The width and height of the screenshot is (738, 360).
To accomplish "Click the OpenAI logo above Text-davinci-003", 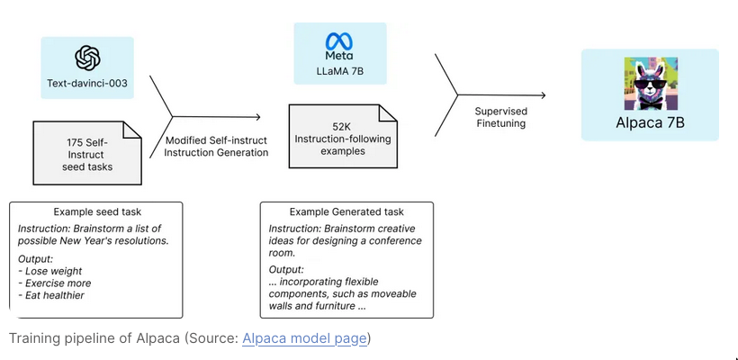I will pyautogui.click(x=87, y=58).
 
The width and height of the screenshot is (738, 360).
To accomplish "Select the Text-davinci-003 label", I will pyautogui.click(x=87, y=84).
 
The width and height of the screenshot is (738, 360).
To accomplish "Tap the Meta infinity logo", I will pyautogui.click(x=339, y=40).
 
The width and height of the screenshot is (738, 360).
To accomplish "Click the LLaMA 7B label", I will pyautogui.click(x=339, y=69).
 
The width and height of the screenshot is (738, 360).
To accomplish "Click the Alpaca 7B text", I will pyautogui.click(x=650, y=122).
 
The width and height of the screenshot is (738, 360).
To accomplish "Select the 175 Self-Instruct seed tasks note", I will pyautogui.click(x=87, y=153).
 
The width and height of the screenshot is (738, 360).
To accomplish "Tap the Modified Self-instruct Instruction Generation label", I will pyautogui.click(x=216, y=146).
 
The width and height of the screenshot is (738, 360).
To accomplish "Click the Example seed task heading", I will pyautogui.click(x=95, y=211).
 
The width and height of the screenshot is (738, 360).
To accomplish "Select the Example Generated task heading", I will pyautogui.click(x=346, y=211).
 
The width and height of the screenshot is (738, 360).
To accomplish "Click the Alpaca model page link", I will pyautogui.click(x=306, y=338).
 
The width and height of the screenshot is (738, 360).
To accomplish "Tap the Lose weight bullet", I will pyautogui.click(x=50, y=271).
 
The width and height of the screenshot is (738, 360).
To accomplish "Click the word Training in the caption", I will pyautogui.click(x=32, y=338).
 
